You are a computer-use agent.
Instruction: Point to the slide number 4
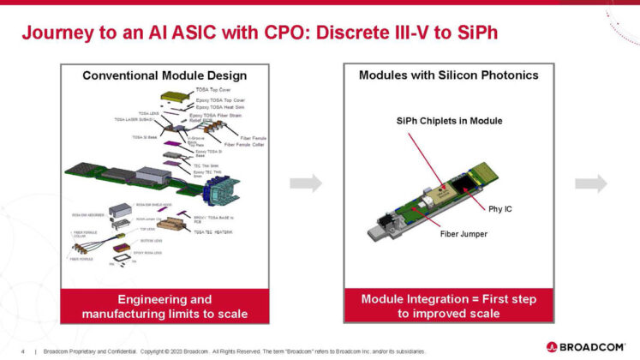coord(22,351)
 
